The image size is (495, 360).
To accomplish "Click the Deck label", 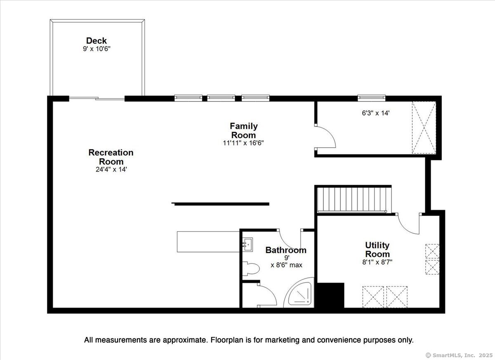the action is (x=97, y=41).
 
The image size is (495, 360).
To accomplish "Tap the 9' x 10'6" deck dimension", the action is (x=97, y=49).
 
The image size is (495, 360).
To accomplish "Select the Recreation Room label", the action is (x=111, y=157).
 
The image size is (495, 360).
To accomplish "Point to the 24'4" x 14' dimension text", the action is (x=111, y=169).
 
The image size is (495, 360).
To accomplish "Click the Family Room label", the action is (x=243, y=131).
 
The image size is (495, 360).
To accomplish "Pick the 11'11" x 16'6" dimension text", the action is (x=243, y=143).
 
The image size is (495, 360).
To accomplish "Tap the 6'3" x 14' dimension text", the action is (x=375, y=113).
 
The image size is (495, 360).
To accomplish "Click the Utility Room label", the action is (x=377, y=249).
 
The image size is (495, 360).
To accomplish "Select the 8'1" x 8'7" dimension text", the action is (x=377, y=262).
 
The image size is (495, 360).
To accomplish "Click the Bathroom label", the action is (x=286, y=250).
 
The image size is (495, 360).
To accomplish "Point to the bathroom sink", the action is (x=247, y=245).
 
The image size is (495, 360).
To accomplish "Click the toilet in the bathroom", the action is (x=251, y=269).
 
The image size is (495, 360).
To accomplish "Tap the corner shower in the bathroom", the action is (x=299, y=293).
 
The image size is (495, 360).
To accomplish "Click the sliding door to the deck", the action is (x=97, y=99).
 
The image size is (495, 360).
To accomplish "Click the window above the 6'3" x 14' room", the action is (x=372, y=98).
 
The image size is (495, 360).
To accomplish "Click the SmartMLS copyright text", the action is (x=459, y=355).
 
